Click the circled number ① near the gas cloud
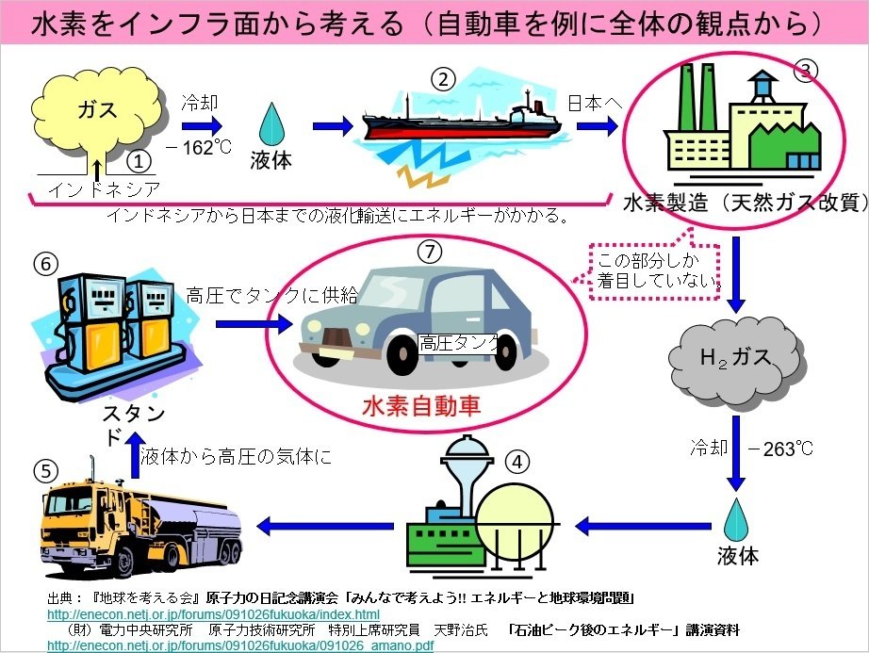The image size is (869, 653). tap(139, 161)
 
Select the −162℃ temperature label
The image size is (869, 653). tap(198, 147)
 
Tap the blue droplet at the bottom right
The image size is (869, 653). tap(736, 519)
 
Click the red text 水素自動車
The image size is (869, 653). tap(421, 405)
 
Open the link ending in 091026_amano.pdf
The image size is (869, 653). tap(239, 645)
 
